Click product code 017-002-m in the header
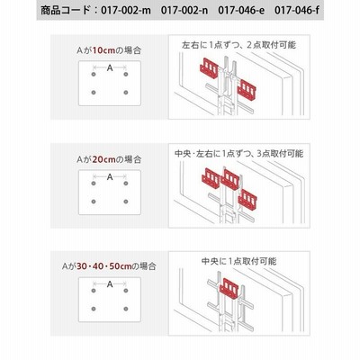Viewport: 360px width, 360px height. [127, 11]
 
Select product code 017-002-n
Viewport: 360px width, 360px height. [184, 11]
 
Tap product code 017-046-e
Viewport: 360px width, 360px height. [241, 11]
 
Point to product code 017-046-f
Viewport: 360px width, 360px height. [297, 11]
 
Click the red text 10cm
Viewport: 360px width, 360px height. [103, 50]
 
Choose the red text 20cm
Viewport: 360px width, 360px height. [103, 159]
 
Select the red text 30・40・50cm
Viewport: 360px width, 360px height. [104, 266]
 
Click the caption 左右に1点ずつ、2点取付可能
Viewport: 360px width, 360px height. [239, 45]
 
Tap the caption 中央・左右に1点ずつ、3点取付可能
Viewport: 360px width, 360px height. [239, 154]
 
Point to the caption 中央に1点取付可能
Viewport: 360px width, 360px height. [239, 261]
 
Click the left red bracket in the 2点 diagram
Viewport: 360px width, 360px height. [210, 69]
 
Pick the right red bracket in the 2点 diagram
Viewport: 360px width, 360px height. [247, 90]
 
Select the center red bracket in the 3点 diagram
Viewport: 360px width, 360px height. [230, 179]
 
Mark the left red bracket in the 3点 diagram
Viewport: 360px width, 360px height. [211, 179]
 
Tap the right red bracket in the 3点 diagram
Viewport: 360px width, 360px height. [247, 200]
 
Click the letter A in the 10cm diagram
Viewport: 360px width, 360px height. [110, 68]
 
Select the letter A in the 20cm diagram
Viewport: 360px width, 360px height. [110, 177]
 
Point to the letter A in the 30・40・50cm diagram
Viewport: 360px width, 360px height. [110, 284]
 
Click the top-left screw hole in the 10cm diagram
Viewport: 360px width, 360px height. [94, 75]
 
